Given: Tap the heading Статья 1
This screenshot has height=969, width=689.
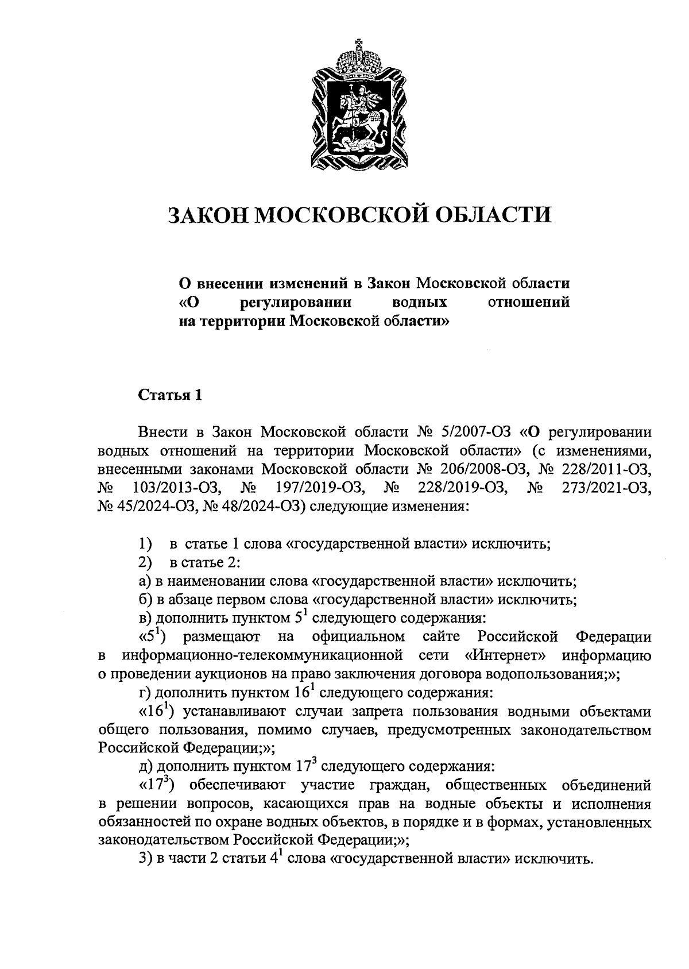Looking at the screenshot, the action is (x=170, y=396).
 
